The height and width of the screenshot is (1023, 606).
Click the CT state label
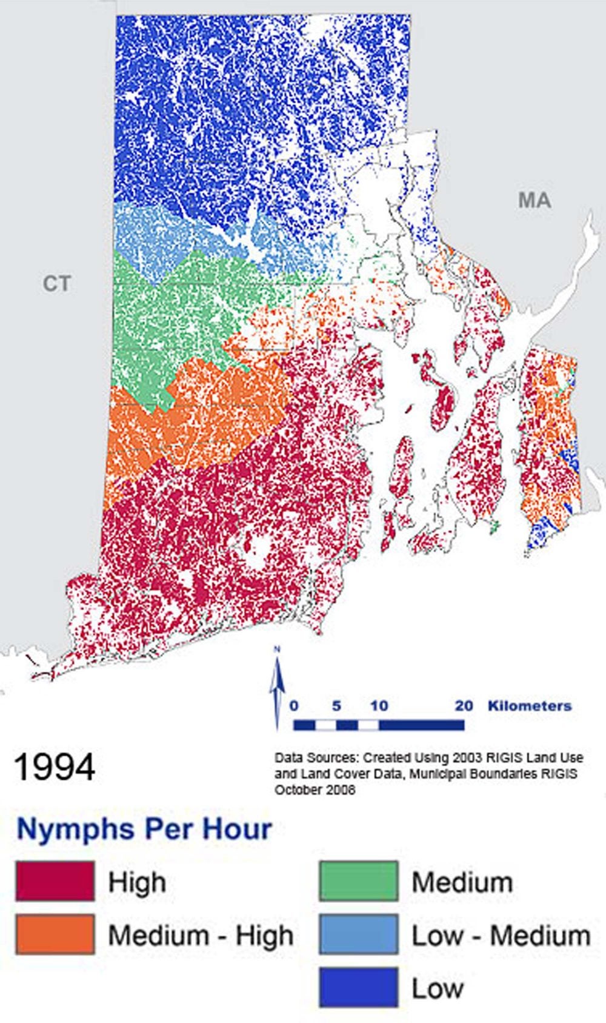pyautogui.click(x=56, y=283)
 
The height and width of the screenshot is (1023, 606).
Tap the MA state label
pyautogui.click(x=534, y=200)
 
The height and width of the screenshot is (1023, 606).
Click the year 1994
pyautogui.click(x=55, y=767)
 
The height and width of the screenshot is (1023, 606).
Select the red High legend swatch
pyautogui.click(x=55, y=881)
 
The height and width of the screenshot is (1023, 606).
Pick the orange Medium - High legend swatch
pyautogui.click(x=55, y=934)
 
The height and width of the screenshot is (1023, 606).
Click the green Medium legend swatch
pyautogui.click(x=359, y=881)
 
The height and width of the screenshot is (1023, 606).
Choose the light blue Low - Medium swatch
pyautogui.click(x=359, y=934)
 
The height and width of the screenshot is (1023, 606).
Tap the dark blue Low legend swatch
pyautogui.click(x=359, y=987)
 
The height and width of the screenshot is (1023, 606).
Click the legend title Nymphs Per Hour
pyautogui.click(x=144, y=829)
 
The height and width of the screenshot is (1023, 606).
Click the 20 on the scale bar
pyautogui.click(x=464, y=706)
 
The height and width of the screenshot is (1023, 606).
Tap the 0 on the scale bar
pyautogui.click(x=294, y=706)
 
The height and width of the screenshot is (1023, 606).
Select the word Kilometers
pyautogui.click(x=530, y=706)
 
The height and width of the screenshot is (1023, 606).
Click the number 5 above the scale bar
pyautogui.click(x=336, y=706)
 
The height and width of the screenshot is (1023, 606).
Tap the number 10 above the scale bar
pyautogui.click(x=379, y=706)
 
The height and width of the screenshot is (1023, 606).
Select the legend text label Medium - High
pyautogui.click(x=201, y=936)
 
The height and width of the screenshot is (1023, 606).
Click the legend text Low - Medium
pyautogui.click(x=501, y=936)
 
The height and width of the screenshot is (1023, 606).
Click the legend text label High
pyautogui.click(x=137, y=882)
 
